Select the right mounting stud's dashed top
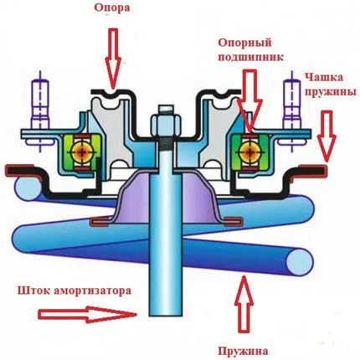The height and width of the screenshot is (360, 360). click(294, 87)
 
